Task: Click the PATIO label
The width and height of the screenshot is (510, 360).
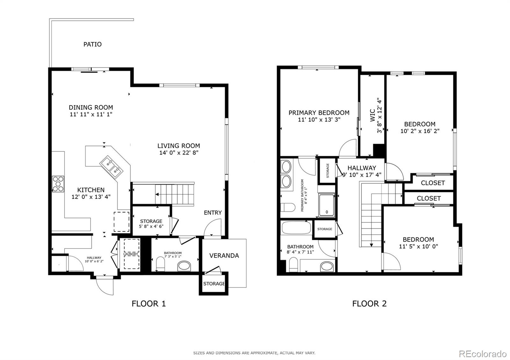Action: pyautogui.click(x=92, y=44)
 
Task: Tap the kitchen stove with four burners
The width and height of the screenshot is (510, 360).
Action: pyautogui.click(x=58, y=184)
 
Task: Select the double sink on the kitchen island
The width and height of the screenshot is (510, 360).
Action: pyautogui.click(x=111, y=167)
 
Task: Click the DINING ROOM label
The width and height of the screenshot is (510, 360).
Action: pyautogui.click(x=91, y=107)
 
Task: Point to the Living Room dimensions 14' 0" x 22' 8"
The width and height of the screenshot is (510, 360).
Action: pyautogui.click(x=179, y=153)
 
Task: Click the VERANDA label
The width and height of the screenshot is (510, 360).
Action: pyautogui.click(x=224, y=256)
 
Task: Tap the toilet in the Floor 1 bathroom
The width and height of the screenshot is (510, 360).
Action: pyautogui.click(x=160, y=264)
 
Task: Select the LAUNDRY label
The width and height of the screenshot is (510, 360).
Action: pyautogui.click(x=131, y=254)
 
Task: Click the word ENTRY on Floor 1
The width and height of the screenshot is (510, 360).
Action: pyautogui.click(x=213, y=212)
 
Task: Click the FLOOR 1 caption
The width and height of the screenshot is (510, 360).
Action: pyautogui.click(x=149, y=304)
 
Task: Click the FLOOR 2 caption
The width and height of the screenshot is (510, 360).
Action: pyautogui.click(x=369, y=304)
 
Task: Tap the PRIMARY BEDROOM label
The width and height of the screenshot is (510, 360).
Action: pyautogui.click(x=319, y=113)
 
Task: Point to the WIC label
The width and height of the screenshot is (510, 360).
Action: pyautogui.click(x=373, y=115)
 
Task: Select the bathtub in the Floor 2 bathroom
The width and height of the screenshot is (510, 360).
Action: pyautogui.click(x=296, y=227)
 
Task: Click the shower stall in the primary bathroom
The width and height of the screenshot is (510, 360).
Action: pyautogui.click(x=327, y=205)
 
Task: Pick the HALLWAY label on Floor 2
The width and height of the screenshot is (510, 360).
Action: pyautogui.click(x=362, y=168)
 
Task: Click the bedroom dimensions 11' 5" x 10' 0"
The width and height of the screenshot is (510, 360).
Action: pyautogui.click(x=419, y=246)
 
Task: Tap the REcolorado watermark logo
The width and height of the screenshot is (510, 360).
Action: pyautogui.click(x=483, y=354)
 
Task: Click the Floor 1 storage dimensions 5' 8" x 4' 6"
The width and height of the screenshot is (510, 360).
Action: pyautogui.click(x=151, y=227)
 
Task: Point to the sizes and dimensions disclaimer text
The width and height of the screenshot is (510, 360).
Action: pyautogui.click(x=254, y=353)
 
